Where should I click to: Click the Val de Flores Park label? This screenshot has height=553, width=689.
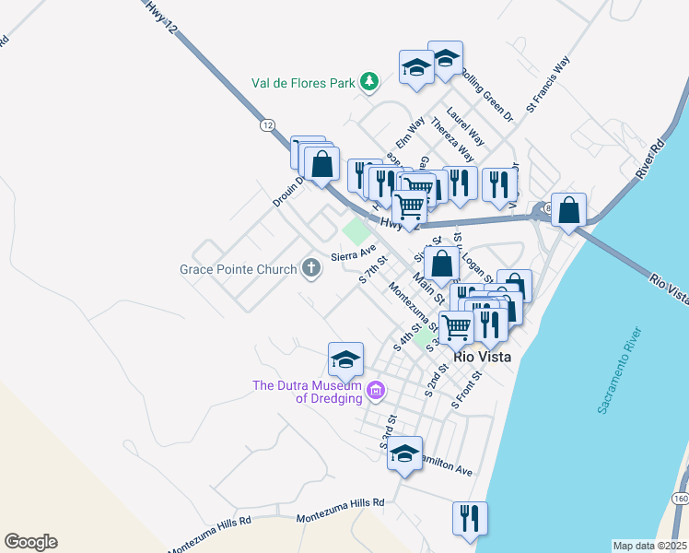[303, 83]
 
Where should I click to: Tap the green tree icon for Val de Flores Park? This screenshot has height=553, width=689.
[368, 82]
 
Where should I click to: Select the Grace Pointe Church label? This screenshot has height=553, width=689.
[238, 270]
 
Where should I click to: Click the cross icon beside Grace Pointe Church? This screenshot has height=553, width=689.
[311, 269]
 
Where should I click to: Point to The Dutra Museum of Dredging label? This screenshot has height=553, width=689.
[307, 392]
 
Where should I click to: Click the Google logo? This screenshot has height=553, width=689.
[30, 542]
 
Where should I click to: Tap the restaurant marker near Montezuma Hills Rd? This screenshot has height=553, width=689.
[470, 518]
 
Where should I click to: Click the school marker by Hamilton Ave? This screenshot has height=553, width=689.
[404, 453]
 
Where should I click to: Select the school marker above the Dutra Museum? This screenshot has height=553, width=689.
[345, 359]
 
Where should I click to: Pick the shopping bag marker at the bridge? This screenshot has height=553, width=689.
[570, 210]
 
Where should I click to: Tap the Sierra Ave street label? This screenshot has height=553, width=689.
[355, 252]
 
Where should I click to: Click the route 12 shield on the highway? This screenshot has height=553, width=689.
[267, 124]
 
